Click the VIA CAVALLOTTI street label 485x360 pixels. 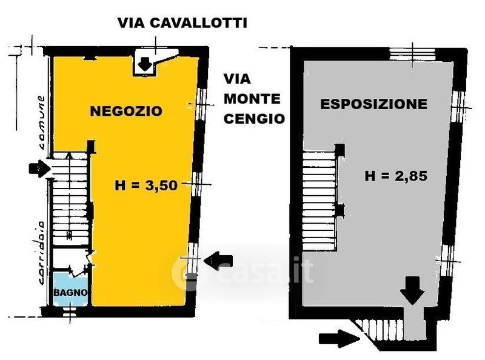(182, 24)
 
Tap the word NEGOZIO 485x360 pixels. (126, 111)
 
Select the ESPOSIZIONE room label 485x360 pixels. (373, 104)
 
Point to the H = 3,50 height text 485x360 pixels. (145, 186)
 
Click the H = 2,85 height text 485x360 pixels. (396, 177)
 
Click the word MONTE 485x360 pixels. (252, 99)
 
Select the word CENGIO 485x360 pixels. (254, 119)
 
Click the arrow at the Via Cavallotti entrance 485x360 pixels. (145, 62)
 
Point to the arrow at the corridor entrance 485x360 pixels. (38, 168)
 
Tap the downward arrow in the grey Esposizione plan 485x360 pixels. (413, 290)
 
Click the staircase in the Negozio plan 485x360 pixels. (69, 200)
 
